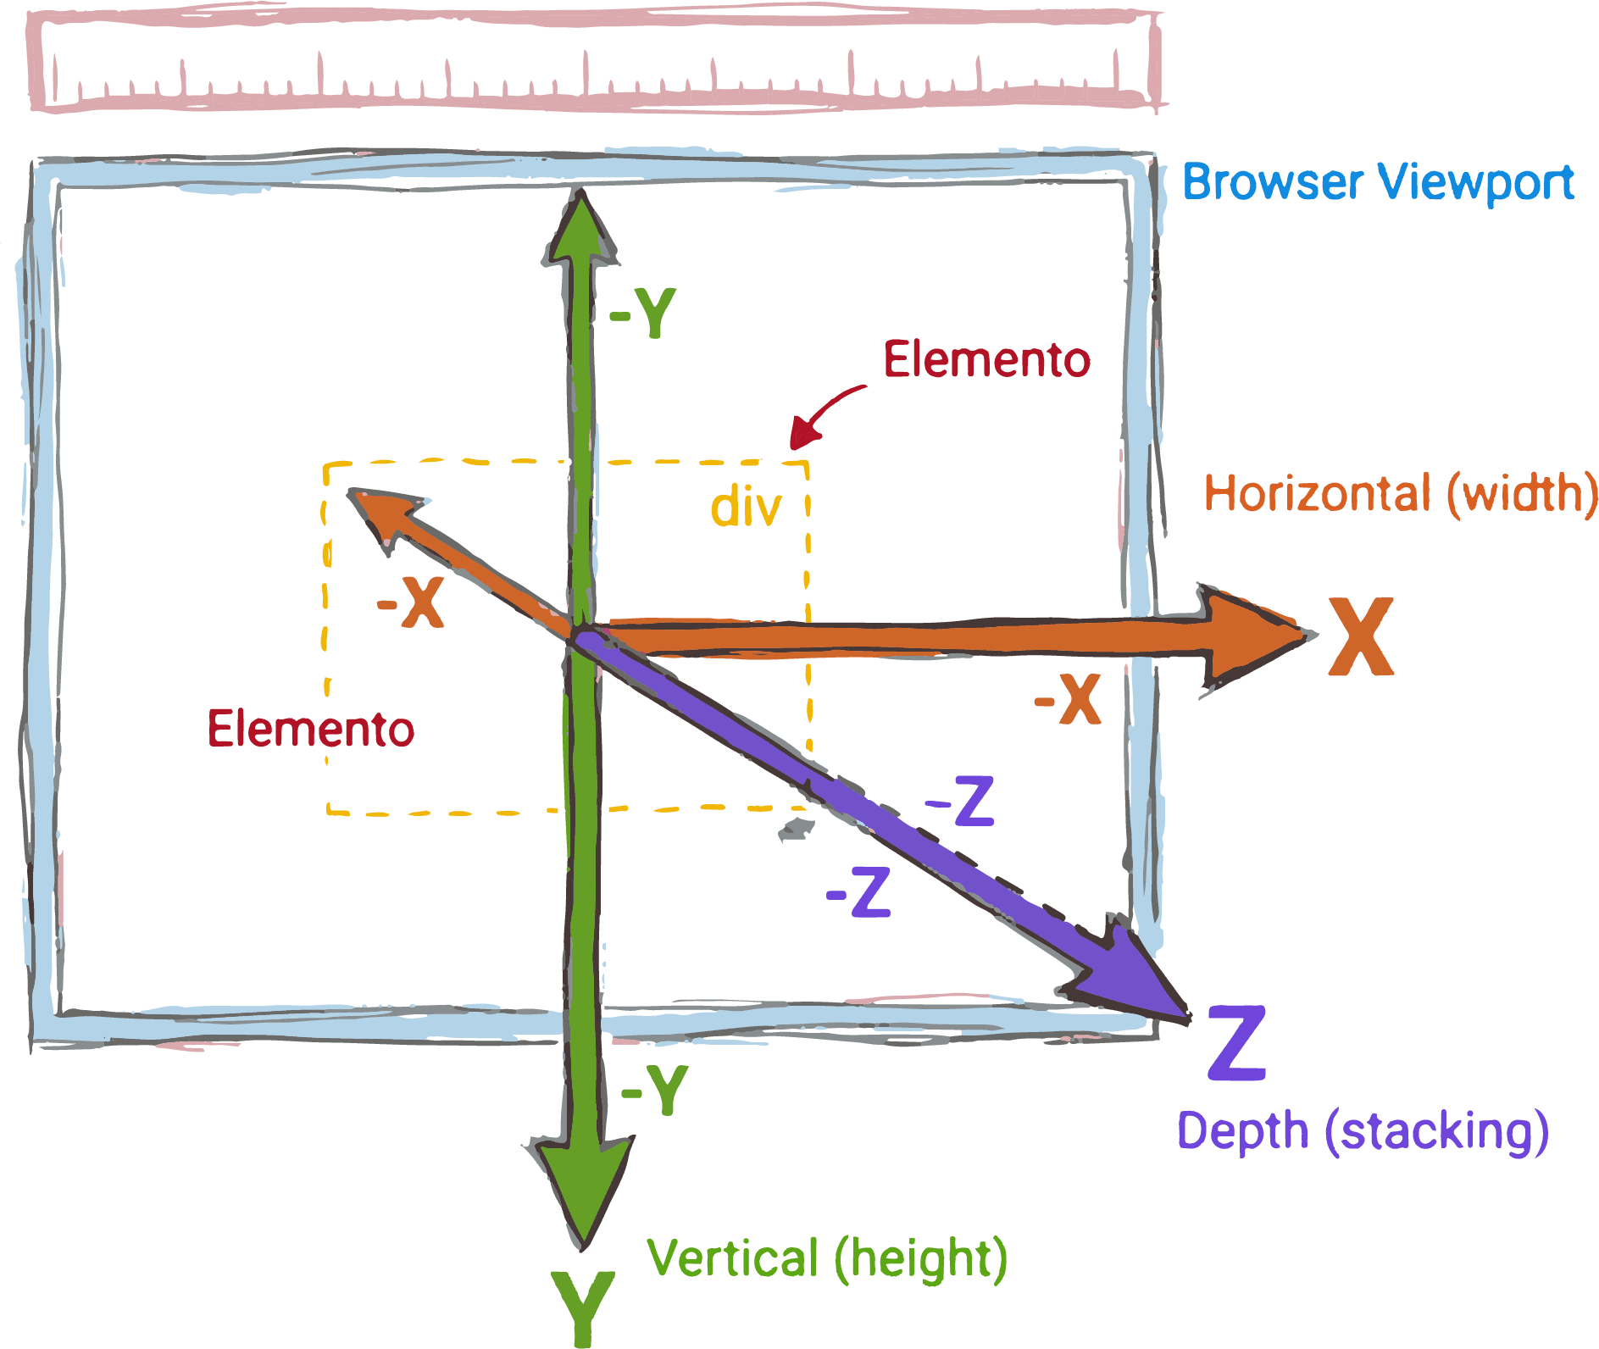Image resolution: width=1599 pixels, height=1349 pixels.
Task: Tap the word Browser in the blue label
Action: [x=1273, y=182]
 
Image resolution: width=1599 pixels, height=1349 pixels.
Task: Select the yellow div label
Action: [x=746, y=508]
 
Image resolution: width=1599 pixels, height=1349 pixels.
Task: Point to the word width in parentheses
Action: [x=1525, y=493]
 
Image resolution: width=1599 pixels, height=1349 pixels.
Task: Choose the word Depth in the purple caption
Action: [x=1242, y=1131]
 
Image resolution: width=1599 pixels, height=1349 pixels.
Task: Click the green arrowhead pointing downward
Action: [x=583, y=1186]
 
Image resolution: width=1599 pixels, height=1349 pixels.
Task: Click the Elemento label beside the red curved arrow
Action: [x=986, y=359]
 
